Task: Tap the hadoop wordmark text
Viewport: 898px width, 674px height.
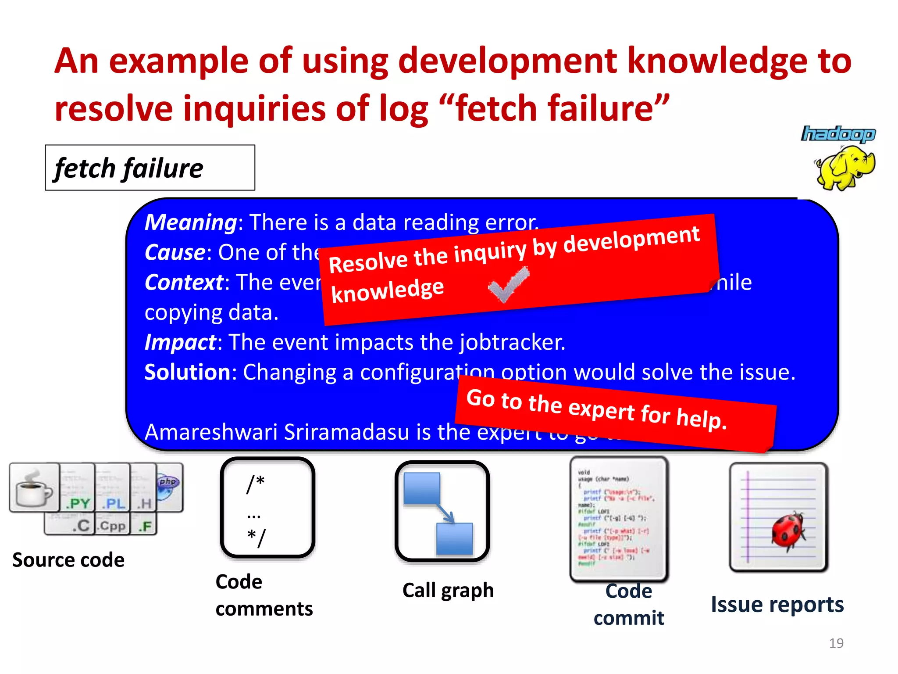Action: coord(838,134)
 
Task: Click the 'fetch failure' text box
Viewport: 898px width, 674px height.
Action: coord(150,168)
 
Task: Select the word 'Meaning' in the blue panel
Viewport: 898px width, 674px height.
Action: coord(191,222)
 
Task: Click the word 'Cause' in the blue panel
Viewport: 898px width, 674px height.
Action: coord(175,252)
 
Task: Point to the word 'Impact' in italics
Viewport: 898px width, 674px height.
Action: coord(180,342)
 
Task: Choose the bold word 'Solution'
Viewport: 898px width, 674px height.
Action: coord(187,372)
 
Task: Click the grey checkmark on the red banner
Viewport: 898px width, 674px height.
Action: coord(509,285)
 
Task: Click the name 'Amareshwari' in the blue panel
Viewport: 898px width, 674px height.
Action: coord(211,432)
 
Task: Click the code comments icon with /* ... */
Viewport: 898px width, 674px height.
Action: coord(267,507)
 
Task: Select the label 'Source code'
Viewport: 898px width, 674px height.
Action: coord(68,560)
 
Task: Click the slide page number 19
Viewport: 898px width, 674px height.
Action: coord(836,643)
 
